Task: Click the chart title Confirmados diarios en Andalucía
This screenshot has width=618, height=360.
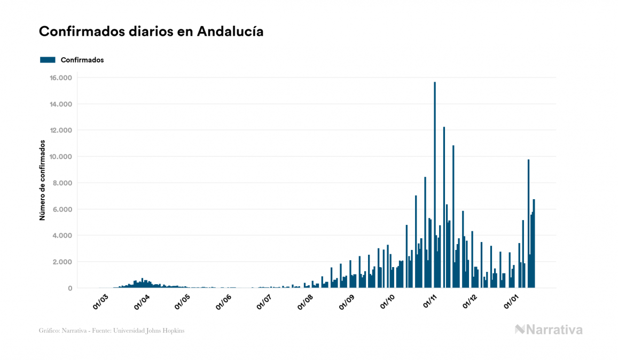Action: [x=151, y=32]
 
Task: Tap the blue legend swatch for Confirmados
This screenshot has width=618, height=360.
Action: [x=48, y=60]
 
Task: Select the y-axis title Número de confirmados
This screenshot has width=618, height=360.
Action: [x=42, y=181]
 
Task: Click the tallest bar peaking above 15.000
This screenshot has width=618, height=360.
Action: [x=435, y=182]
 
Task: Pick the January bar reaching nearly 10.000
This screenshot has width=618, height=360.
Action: [x=529, y=224]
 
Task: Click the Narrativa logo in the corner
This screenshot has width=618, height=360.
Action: [x=549, y=330]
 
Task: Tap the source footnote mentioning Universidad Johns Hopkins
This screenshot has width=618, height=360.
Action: [x=112, y=331]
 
